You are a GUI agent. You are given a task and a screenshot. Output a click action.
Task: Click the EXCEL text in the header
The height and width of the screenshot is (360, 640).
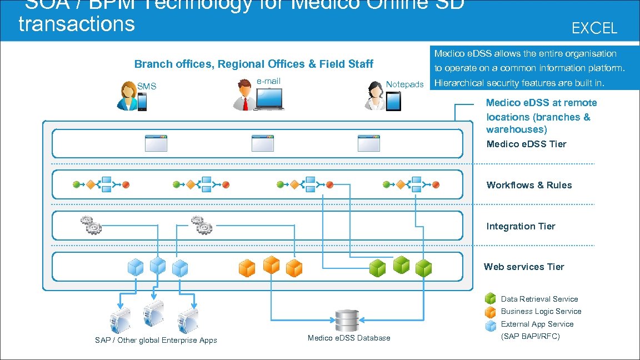tap(594, 28)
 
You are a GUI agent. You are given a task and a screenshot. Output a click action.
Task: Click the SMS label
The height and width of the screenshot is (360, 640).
tap(147, 86)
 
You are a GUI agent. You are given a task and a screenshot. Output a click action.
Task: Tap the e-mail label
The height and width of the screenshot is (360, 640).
tap(268, 81)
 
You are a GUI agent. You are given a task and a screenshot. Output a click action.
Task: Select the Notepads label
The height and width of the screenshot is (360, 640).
tap(404, 84)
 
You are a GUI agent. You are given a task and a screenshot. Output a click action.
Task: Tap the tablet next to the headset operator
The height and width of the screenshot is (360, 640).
tap(393, 101)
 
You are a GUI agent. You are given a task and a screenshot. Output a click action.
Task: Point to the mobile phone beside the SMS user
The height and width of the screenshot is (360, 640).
tap(142, 102)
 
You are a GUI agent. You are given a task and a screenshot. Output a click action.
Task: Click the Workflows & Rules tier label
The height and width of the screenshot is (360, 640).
tap(529, 185)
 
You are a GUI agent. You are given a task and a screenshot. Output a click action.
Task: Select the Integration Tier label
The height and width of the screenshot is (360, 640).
tap(521, 226)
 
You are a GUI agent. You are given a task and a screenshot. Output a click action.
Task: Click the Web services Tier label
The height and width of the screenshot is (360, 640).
tap(524, 267)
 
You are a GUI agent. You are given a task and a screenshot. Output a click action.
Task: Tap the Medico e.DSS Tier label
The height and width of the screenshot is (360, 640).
tap(526, 144)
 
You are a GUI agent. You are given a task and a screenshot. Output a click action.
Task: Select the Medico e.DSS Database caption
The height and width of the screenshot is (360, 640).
tap(349, 338)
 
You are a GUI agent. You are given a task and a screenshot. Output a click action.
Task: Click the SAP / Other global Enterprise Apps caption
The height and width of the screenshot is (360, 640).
tap(156, 340)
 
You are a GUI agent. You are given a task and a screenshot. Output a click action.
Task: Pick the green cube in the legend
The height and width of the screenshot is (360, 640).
tap(491, 299)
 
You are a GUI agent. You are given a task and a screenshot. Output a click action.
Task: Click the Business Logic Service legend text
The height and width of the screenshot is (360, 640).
tap(541, 312)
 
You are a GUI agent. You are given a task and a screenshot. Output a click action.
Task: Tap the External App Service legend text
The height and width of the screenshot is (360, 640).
tap(537, 324)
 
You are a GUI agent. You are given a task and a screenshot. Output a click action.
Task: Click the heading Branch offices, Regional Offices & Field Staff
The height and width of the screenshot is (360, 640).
tap(254, 64)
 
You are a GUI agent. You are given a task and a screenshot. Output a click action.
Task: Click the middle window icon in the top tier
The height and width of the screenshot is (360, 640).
tap(263, 143)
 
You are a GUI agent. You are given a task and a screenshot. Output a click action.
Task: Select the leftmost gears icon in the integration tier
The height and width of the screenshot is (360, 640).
tap(91, 224)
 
